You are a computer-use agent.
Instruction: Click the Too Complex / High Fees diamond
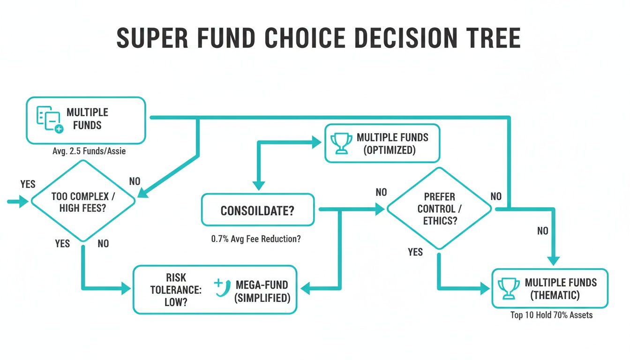[x=83, y=202]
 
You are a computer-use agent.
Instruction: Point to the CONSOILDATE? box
[x=257, y=210]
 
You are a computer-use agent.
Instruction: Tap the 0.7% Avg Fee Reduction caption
[x=256, y=239]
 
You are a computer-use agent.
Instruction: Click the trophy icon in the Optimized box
[x=341, y=143]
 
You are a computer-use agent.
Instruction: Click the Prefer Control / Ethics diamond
[x=439, y=209]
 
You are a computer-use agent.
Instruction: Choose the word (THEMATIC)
[x=555, y=295]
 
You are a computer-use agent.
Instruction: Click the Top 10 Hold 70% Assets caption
[x=551, y=315]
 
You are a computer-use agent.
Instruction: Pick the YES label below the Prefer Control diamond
[x=415, y=252]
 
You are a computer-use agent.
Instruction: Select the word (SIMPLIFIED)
[x=262, y=298]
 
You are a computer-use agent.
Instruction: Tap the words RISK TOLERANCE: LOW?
[x=176, y=290]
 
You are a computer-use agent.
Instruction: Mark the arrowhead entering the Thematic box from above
[x=555, y=261]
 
